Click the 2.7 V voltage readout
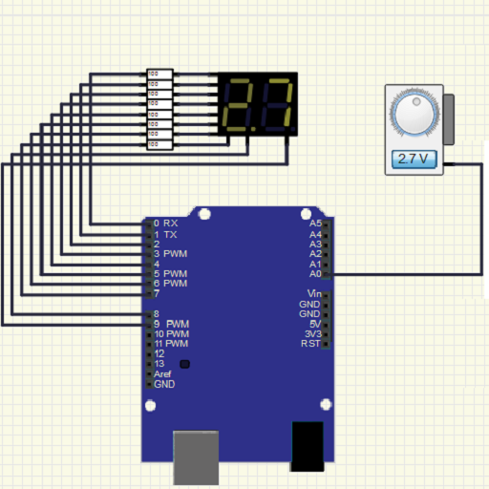[x=415, y=159]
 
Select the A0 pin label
[x=315, y=274]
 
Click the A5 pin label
[x=315, y=223]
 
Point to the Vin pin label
[x=314, y=293]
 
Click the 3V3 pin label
[x=312, y=333]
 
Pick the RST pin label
[x=311, y=344]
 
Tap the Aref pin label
[x=162, y=374]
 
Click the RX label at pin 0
[x=171, y=223]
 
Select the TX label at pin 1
[x=170, y=234]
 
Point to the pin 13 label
[x=159, y=364]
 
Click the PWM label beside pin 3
[x=175, y=254]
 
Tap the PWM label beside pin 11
[x=178, y=344]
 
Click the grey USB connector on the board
[x=197, y=456]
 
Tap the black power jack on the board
[x=308, y=446]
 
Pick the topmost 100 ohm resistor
[x=159, y=74]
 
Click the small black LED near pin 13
[x=184, y=364]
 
